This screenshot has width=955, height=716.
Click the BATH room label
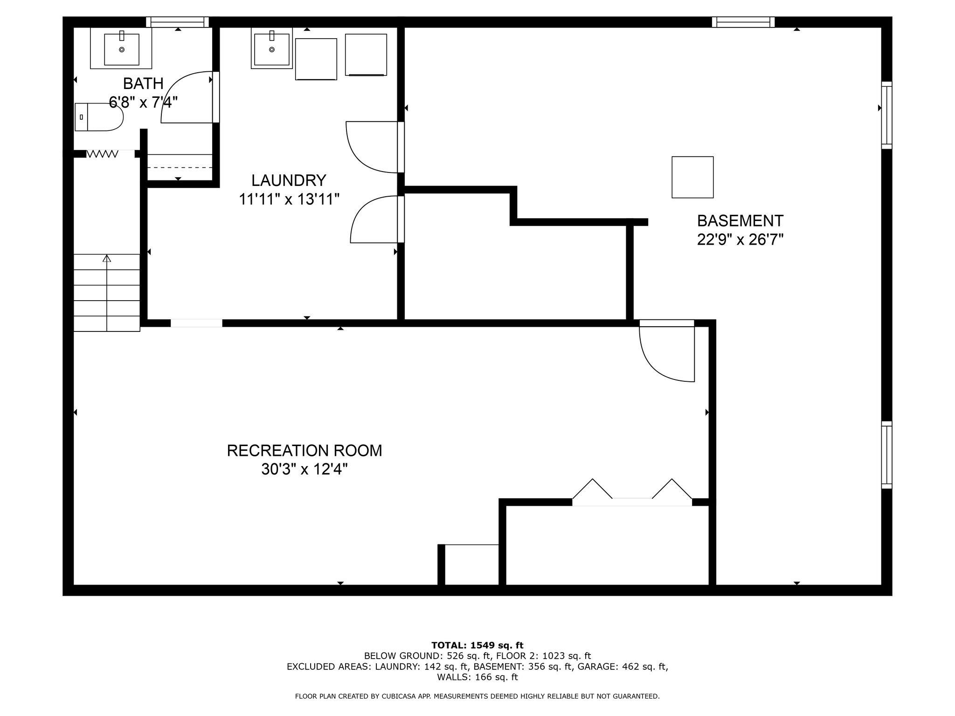point(143,84)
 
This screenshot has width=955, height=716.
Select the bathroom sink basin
point(121,49)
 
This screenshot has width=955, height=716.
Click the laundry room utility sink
point(271,48)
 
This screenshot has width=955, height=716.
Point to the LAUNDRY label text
point(289,180)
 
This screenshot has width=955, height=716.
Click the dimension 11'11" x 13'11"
point(289,200)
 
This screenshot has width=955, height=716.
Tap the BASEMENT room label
point(740,220)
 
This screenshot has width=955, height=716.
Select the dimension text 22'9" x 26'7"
point(740,240)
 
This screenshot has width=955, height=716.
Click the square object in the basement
point(692,177)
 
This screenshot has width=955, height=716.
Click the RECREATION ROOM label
point(304,451)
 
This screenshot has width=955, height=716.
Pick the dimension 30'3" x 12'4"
point(304,469)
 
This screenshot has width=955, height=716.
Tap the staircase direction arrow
point(107,258)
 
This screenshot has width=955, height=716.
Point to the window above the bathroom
point(177,22)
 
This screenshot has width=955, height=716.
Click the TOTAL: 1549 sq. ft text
point(477,646)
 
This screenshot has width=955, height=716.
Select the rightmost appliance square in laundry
point(366,55)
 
